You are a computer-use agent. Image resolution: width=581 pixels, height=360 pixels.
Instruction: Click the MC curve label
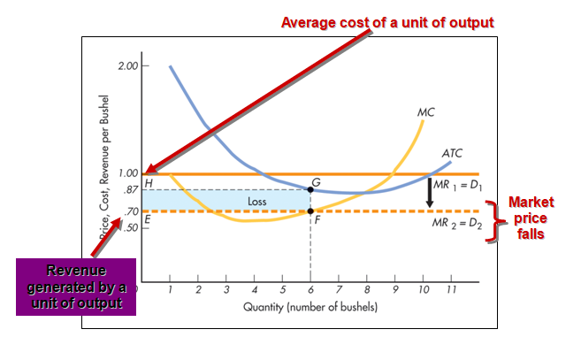coord(426,113)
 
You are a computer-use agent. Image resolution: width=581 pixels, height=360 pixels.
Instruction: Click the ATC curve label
coord(452,153)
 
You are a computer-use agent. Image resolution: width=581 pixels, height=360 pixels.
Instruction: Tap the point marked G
coord(310,189)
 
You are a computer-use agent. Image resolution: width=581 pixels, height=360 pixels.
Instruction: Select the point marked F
coord(310,211)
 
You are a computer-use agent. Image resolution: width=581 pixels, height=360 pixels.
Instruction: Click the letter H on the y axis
coord(148,182)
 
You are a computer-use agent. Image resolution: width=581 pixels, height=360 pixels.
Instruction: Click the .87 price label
coord(130,190)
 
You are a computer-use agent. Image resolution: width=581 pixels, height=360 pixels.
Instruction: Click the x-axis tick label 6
coord(310,289)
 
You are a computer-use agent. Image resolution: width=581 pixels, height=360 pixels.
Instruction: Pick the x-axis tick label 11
coord(451,289)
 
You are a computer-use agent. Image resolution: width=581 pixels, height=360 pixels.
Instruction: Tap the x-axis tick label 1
coord(169,289)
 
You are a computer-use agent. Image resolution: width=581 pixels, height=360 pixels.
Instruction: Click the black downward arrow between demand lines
coord(431,193)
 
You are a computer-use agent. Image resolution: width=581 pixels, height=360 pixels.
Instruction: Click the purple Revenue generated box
coord(76,287)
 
